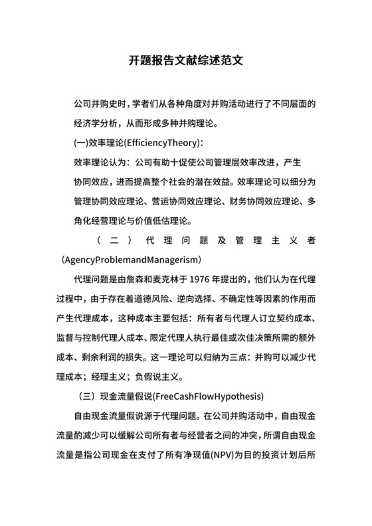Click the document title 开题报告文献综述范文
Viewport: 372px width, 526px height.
click(x=185, y=59)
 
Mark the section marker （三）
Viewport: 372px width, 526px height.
click(x=87, y=396)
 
